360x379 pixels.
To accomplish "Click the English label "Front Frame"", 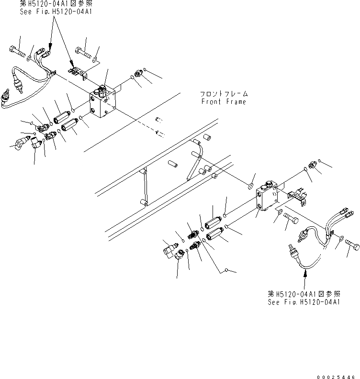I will click(224, 101).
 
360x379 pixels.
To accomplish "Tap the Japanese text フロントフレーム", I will click(224, 94).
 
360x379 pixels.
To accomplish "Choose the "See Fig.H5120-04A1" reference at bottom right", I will click(304, 302).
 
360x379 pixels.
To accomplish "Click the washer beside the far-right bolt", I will click(340, 238).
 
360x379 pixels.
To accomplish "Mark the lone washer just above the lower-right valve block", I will click(251, 185).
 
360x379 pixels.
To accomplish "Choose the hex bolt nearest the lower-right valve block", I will click(292, 220).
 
